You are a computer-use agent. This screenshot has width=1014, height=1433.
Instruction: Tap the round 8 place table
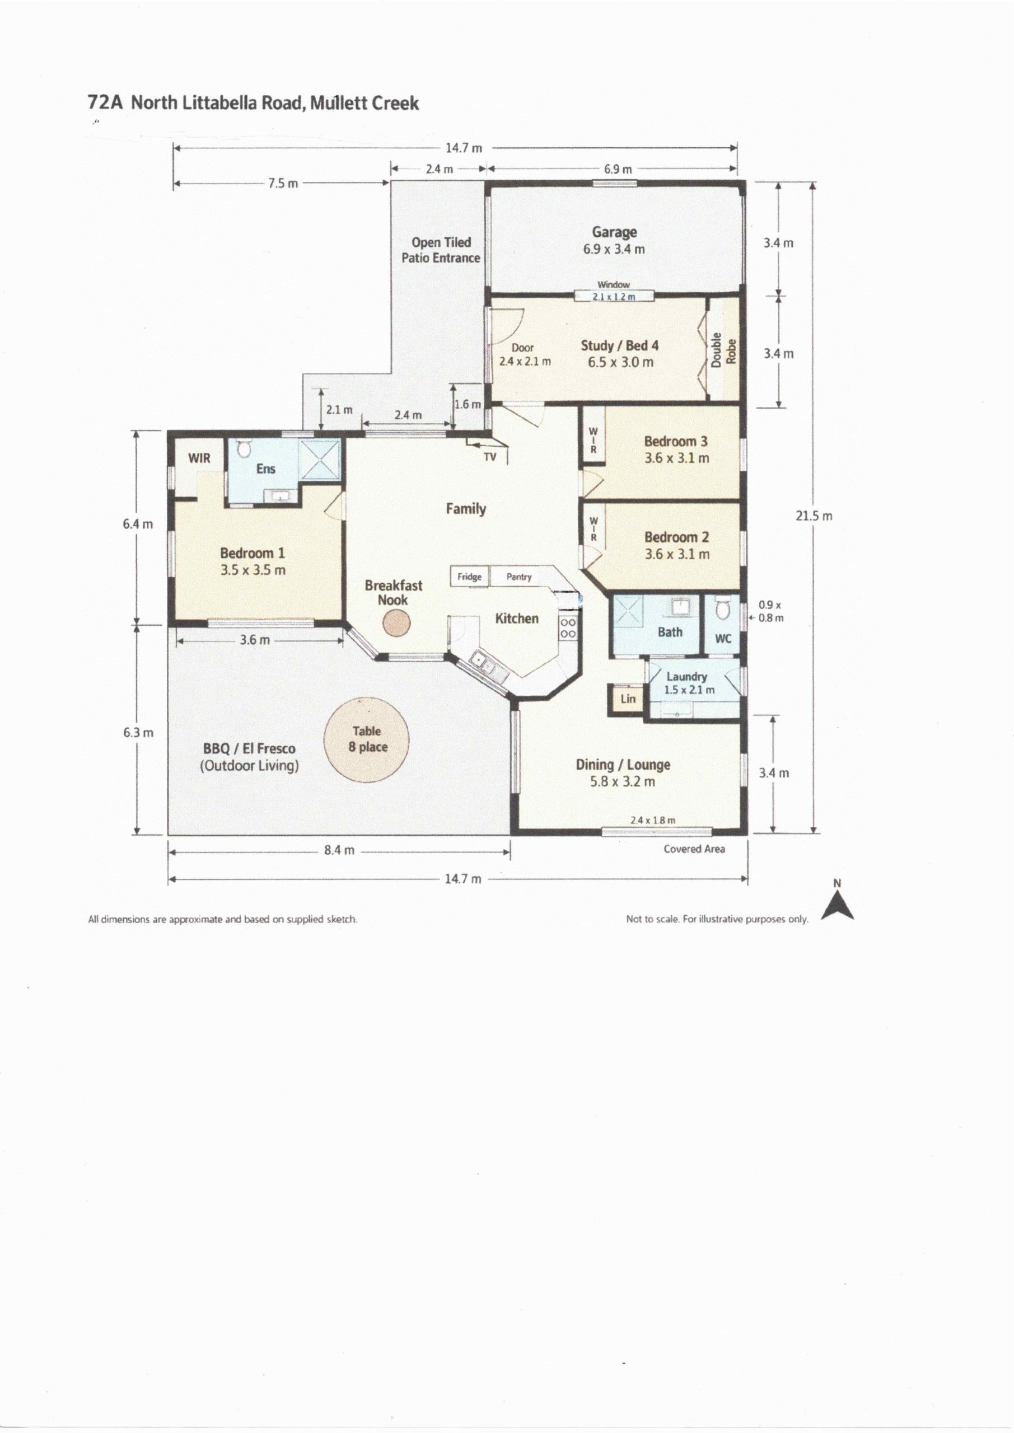click(x=366, y=739)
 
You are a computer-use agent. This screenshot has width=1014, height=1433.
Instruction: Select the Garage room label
click(x=614, y=232)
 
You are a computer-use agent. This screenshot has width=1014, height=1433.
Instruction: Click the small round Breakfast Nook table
click(x=396, y=623)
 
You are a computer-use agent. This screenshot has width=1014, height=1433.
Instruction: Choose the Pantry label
click(x=519, y=577)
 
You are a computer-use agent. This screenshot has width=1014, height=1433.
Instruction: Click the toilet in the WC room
click(x=722, y=608)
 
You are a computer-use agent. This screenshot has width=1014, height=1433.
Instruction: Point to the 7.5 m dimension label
click(x=283, y=184)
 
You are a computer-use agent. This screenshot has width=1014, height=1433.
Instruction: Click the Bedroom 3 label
click(x=676, y=441)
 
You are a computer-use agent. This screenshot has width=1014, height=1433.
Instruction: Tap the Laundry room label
click(x=686, y=677)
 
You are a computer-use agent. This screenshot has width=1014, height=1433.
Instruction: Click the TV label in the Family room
click(x=490, y=457)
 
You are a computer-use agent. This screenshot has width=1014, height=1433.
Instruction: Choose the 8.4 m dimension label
click(x=339, y=850)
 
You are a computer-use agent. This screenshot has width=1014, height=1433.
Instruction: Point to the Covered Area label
click(x=694, y=849)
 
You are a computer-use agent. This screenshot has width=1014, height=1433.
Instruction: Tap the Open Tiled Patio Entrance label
click(x=441, y=250)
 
